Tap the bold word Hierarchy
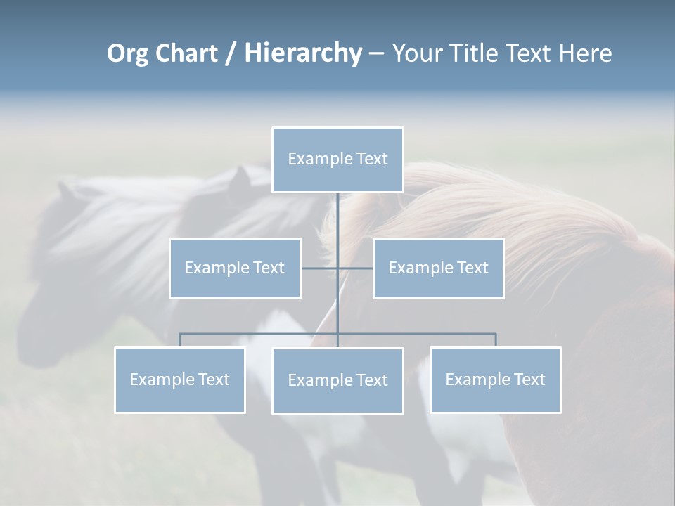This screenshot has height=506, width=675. pos(303,54)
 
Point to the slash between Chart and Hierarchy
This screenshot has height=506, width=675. pos(231,54)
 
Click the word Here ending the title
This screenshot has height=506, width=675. pos(585,53)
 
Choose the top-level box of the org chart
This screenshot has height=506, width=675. pos(337,160)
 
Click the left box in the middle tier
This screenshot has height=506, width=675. pos(235,268)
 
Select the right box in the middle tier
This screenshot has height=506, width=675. pos(438,268)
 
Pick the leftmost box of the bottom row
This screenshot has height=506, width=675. pos(179,380)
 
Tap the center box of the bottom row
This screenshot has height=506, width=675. pos(337,381)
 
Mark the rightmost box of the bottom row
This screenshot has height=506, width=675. pos(495,380)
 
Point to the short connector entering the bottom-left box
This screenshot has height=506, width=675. pos(179,340)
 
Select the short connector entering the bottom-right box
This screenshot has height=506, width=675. pos(496,340)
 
